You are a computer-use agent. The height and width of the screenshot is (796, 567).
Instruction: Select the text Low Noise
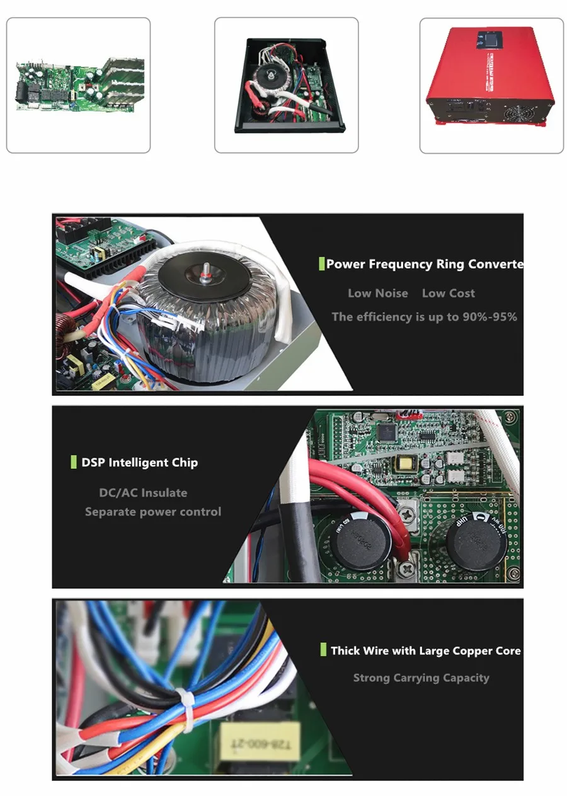pyautogui.click(x=377, y=293)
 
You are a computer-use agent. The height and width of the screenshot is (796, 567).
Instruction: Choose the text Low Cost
pyautogui.click(x=448, y=293)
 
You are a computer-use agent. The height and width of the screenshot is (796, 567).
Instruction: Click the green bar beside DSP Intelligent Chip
pyautogui.click(x=74, y=463)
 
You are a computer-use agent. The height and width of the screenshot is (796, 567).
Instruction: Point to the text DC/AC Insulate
pyautogui.click(x=143, y=493)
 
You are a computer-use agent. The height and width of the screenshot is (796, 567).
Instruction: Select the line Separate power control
pyautogui.click(x=153, y=512)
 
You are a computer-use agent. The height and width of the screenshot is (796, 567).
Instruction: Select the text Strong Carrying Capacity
pyautogui.click(x=421, y=678)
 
